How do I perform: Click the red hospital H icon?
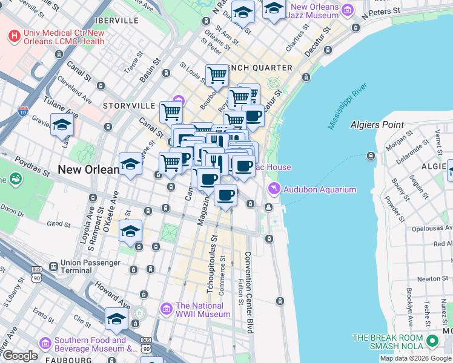tap(14, 36)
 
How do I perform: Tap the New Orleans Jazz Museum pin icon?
tap(347, 10)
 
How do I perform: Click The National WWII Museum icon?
tap(167, 309)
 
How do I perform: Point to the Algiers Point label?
tap(377, 125)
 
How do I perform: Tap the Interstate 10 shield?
tap(23, 111)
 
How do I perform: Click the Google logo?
tap(19, 356)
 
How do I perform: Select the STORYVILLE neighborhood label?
tap(129, 105)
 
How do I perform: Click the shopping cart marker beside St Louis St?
tap(217, 76)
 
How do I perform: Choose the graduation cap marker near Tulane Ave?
tap(62, 125)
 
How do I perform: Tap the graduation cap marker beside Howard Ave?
tap(116, 319)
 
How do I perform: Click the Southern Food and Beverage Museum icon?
tap(45, 344)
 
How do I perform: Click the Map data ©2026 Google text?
tap(415, 358)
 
